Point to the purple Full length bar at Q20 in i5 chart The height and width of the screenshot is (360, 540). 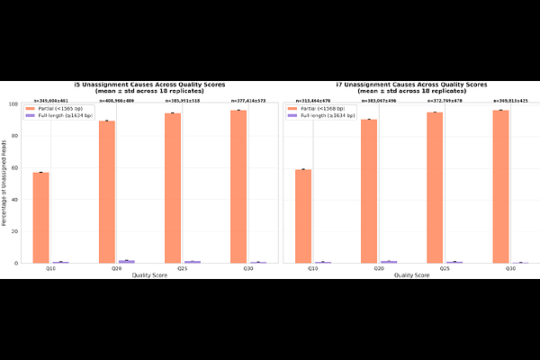126,261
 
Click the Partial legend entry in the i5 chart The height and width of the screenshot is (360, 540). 58,109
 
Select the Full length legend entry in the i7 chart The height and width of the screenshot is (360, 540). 319,115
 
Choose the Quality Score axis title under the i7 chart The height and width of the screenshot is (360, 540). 409,274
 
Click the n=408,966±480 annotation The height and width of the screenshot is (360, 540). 114,100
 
